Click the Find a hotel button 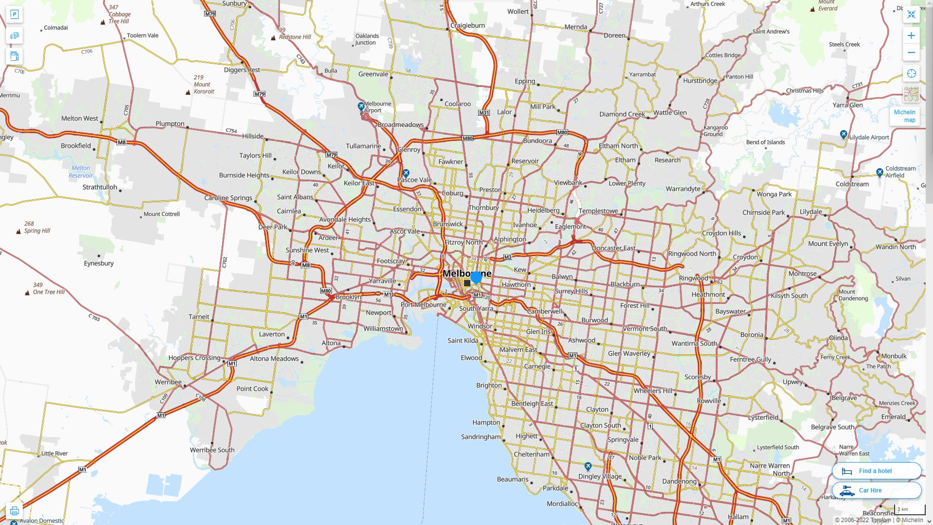click(876, 471)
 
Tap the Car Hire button click(876, 490)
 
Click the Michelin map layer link click(904, 116)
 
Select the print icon click(14, 511)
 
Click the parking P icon click(14, 15)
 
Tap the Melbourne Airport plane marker click(361, 106)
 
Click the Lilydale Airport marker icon click(844, 135)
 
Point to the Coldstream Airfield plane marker click(880, 172)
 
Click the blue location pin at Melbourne click(476, 277)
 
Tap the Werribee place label click(168, 382)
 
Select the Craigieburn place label click(467, 25)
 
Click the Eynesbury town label click(99, 263)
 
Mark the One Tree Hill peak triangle click(27, 293)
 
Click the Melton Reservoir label click(81, 172)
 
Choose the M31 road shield click(484, 112)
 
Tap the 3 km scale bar click(909, 509)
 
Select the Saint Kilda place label click(463, 340)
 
